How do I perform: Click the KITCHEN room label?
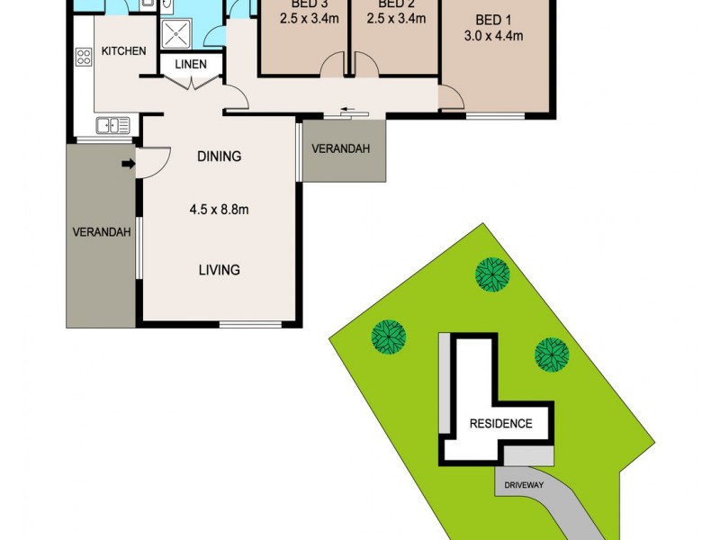[123, 51]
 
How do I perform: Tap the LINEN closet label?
[191, 65]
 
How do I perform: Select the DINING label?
[219, 157]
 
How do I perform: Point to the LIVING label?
[219, 270]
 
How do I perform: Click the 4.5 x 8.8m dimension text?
[219, 211]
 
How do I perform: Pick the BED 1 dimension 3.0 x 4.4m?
[492, 37]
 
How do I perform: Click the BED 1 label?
[492, 21]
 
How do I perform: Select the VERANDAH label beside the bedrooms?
[341, 149]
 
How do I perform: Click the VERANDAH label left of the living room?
[102, 232]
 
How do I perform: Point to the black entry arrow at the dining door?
[128, 164]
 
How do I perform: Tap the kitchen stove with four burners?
[84, 58]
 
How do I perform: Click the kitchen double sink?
[113, 126]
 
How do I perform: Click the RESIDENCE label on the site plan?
[499, 424]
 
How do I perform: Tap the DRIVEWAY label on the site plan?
[522, 484]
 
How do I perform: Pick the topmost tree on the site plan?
[492, 273]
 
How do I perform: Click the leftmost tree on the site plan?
[389, 337]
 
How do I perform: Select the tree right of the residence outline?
[551, 354]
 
